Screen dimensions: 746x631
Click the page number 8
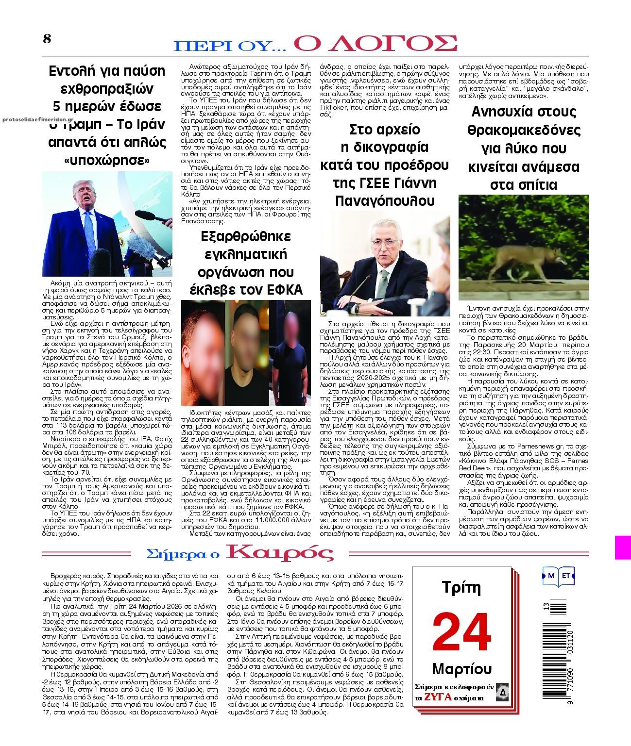[47, 39]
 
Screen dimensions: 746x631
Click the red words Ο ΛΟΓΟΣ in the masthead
[375, 43]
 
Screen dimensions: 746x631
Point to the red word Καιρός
[280, 553]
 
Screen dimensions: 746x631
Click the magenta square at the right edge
[623, 547]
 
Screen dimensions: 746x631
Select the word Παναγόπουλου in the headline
[384, 200]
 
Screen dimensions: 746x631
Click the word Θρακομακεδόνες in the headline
[524, 130]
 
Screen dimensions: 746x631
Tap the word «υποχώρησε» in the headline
[107, 160]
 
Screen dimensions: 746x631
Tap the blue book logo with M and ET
[559, 576]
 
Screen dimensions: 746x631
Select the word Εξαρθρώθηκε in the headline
[246, 236]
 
